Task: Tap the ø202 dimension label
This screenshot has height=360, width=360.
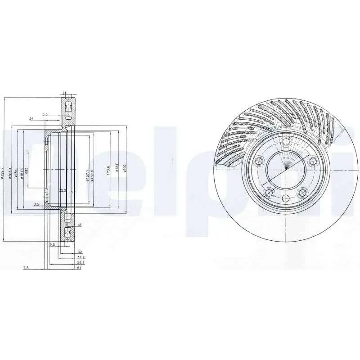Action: tap(125, 169)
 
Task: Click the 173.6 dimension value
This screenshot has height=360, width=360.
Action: tap(108, 169)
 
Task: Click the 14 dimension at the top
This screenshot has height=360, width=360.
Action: tap(64, 93)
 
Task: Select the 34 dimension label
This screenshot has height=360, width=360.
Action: tap(31, 119)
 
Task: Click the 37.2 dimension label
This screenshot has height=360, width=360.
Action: tap(81, 257)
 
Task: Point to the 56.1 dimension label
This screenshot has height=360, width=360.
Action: tap(81, 262)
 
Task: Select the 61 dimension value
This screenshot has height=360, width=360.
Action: tap(79, 268)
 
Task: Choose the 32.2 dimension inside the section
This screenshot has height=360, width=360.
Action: tap(63, 191)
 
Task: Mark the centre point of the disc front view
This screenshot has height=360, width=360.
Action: tap(286, 171)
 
